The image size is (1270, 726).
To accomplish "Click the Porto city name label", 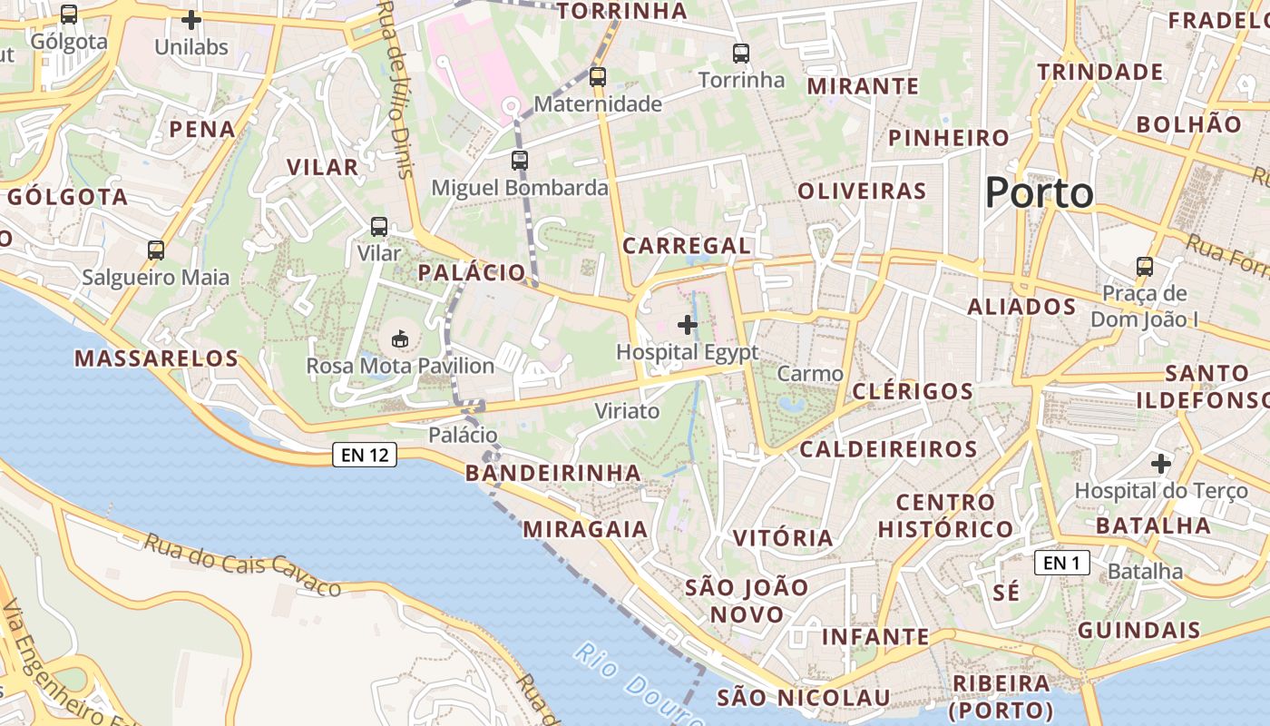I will pos(1039,193).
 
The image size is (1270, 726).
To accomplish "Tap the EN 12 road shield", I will pos(365,455).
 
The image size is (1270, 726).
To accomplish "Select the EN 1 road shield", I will pos(1061,563).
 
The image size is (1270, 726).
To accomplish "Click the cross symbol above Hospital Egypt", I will pos(688,324).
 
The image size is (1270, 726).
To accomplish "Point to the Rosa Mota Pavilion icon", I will pos(399,339).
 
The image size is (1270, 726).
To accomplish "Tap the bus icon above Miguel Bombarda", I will pos(519,161).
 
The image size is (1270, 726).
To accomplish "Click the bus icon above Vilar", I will pos(379,227).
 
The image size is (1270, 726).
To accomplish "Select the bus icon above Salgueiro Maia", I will pos(156,250).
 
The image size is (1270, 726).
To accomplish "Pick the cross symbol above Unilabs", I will pos(190,19).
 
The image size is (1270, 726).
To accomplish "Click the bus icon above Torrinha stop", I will pos(741,54).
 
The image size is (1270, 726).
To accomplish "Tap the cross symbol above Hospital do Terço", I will pos(1161,464).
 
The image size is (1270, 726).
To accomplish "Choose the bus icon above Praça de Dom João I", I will pos(1145,267).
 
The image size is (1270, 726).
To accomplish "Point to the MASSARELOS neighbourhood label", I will pos(156,358).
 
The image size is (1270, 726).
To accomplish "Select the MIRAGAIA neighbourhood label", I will pos(585,529).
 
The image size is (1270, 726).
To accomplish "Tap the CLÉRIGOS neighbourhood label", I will pos(913,391).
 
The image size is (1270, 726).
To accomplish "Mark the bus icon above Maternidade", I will pos(597,77).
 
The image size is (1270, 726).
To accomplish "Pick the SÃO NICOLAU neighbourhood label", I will pos(804,697).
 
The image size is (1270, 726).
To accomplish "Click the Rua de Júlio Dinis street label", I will pos(396,86).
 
